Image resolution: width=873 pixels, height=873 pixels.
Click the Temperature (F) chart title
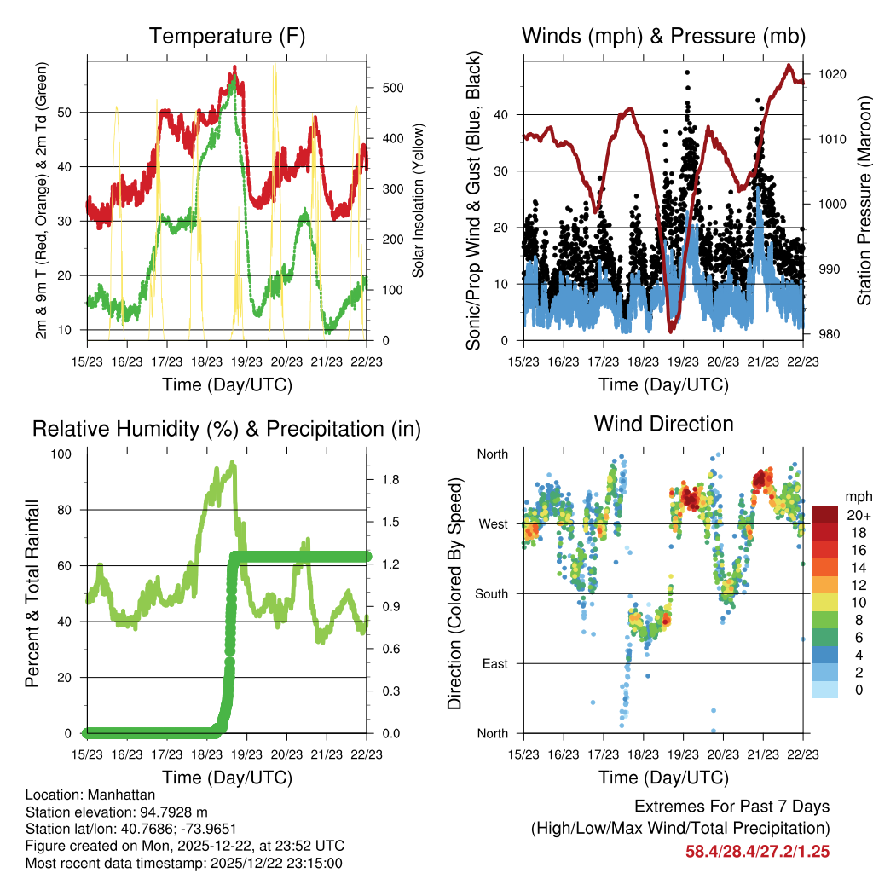227,36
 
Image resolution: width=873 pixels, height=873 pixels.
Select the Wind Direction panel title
663,423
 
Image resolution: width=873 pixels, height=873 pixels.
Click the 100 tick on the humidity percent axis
62,454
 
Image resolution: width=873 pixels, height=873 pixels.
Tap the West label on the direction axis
492,523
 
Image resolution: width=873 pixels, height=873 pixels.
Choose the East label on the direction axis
494,663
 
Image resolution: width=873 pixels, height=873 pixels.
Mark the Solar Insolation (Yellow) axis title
418,201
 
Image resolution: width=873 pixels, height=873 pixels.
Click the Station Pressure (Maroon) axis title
864,199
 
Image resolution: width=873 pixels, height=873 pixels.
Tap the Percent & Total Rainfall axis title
32,593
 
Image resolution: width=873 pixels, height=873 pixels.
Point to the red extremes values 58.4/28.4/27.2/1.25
757,851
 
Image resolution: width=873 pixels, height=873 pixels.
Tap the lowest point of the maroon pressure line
672,329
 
